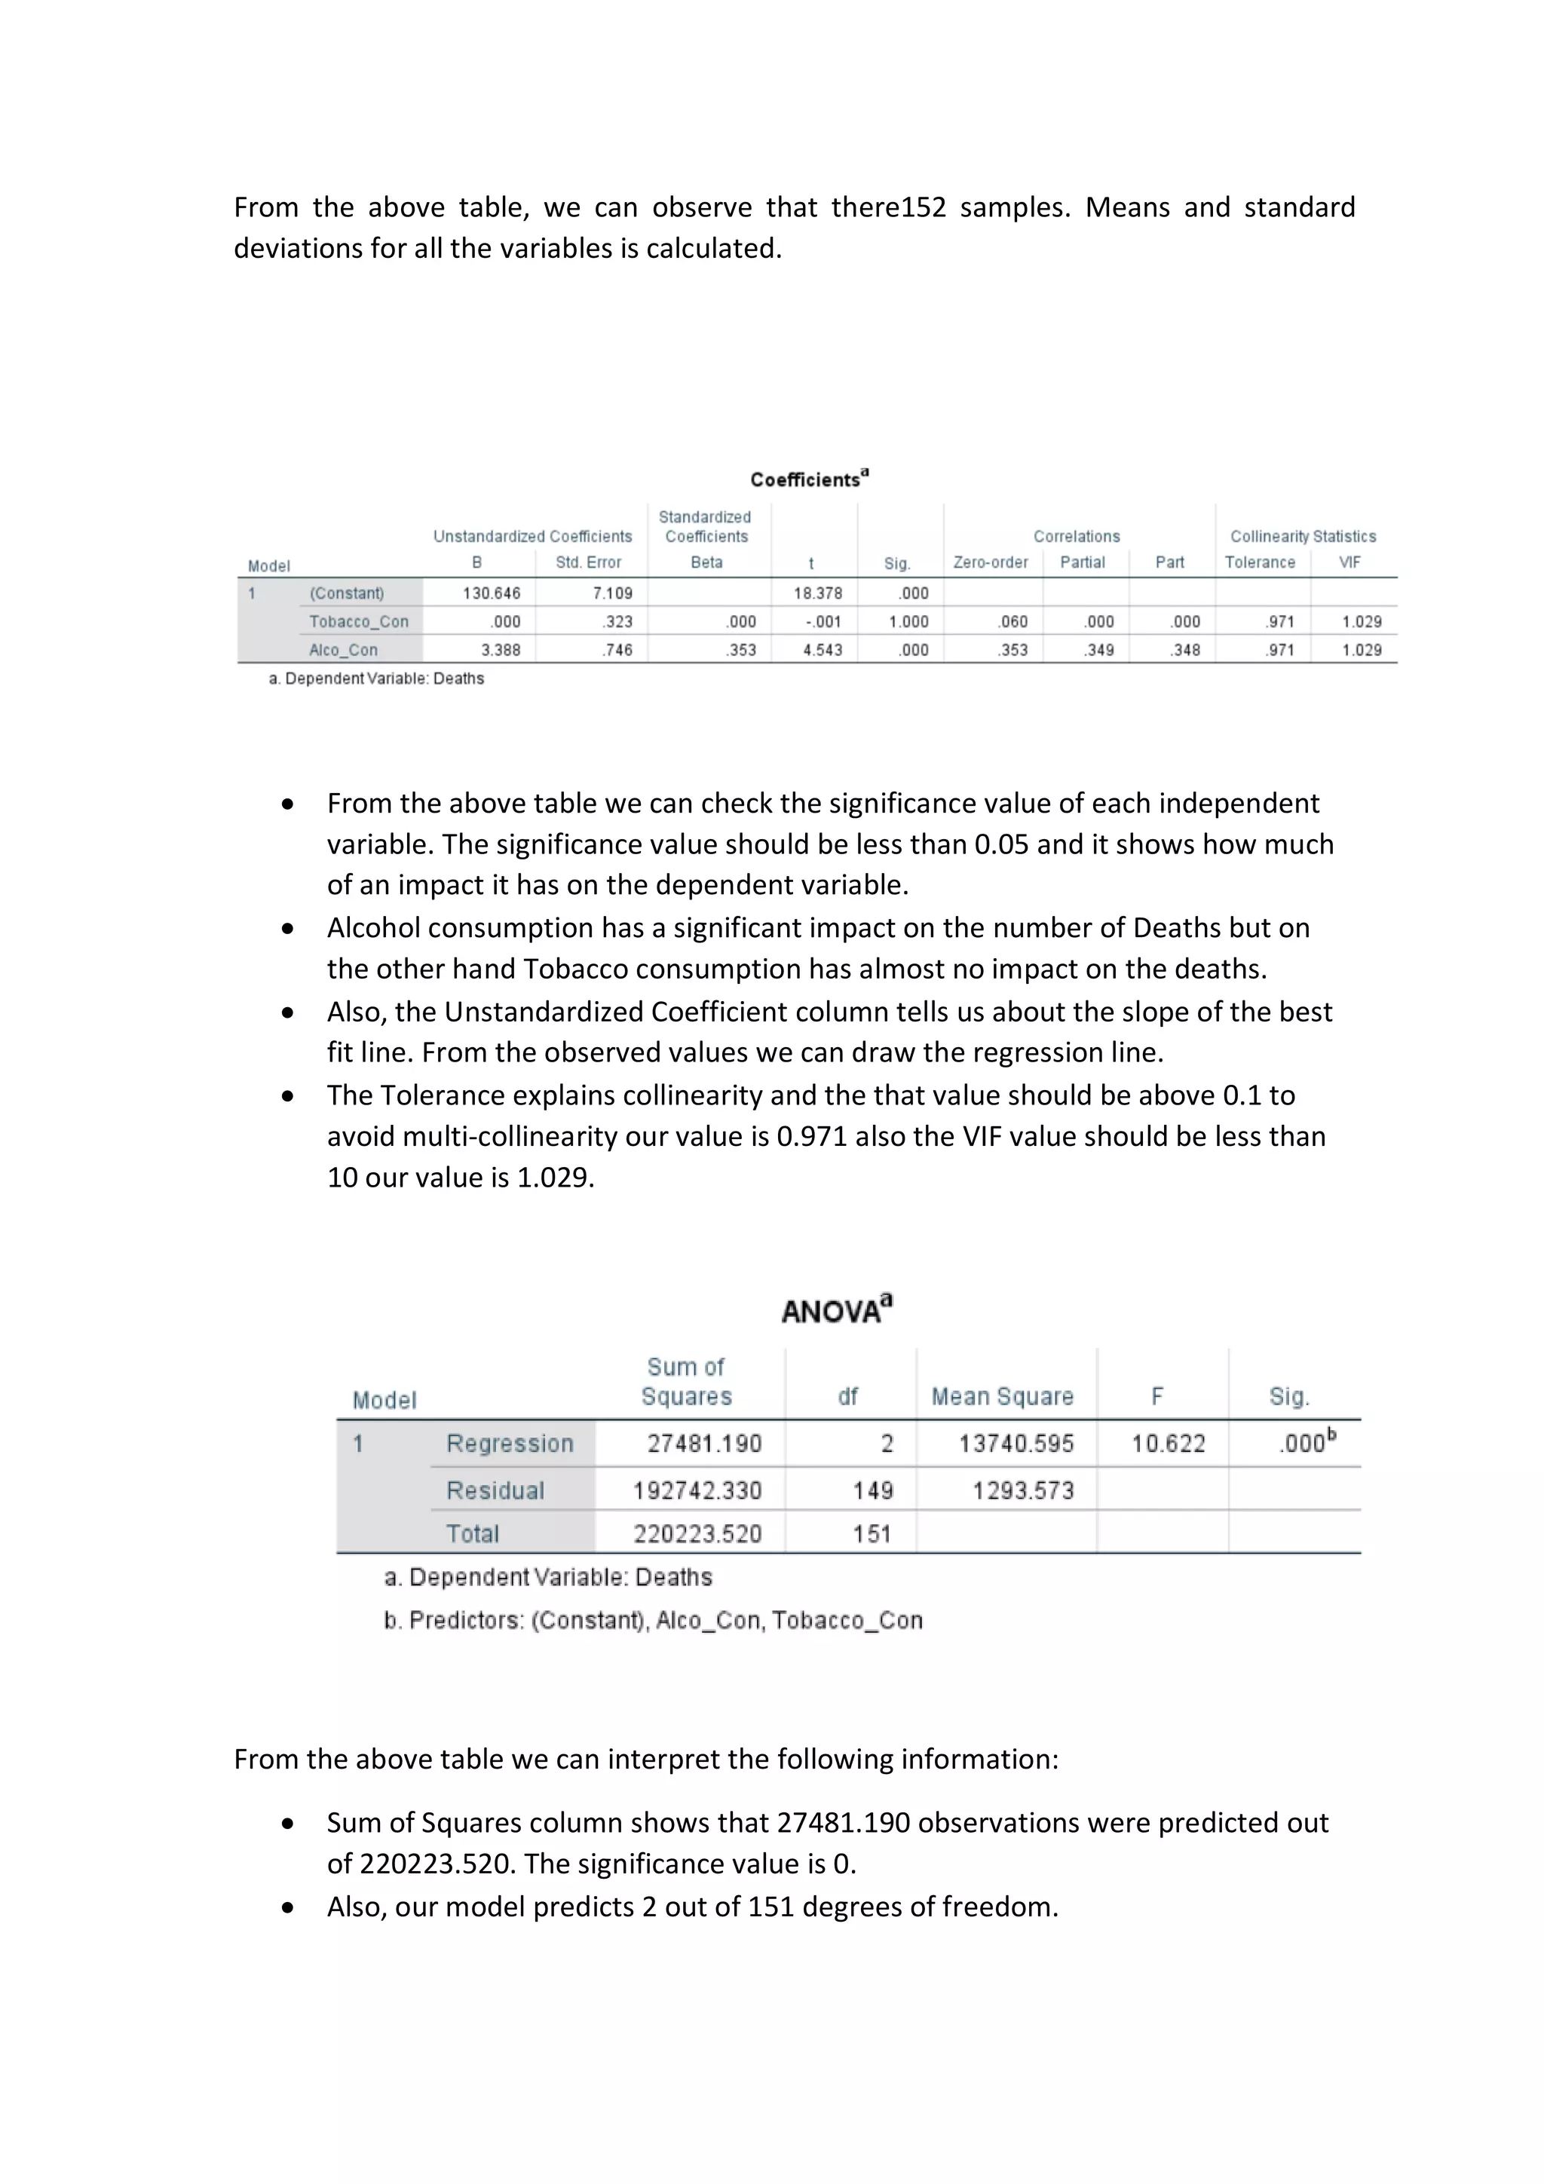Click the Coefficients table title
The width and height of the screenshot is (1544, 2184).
809,479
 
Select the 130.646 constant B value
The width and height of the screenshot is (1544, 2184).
491,593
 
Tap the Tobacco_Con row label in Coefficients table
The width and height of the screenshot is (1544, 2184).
359,621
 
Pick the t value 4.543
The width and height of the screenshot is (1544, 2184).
822,650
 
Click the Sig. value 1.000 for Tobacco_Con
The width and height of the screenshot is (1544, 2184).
908,621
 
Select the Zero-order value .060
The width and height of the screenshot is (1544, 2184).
1012,621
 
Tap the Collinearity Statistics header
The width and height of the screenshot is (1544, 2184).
1302,537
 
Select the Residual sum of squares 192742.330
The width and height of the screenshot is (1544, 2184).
697,1490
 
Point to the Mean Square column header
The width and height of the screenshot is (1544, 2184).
1002,1396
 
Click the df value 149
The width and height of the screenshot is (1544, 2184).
872,1490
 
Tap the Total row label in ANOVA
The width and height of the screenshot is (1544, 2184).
472,1533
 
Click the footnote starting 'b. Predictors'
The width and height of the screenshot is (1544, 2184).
653,1620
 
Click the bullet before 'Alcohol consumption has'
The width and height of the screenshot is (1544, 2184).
287,928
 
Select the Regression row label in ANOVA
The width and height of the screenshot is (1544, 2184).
509,1443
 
